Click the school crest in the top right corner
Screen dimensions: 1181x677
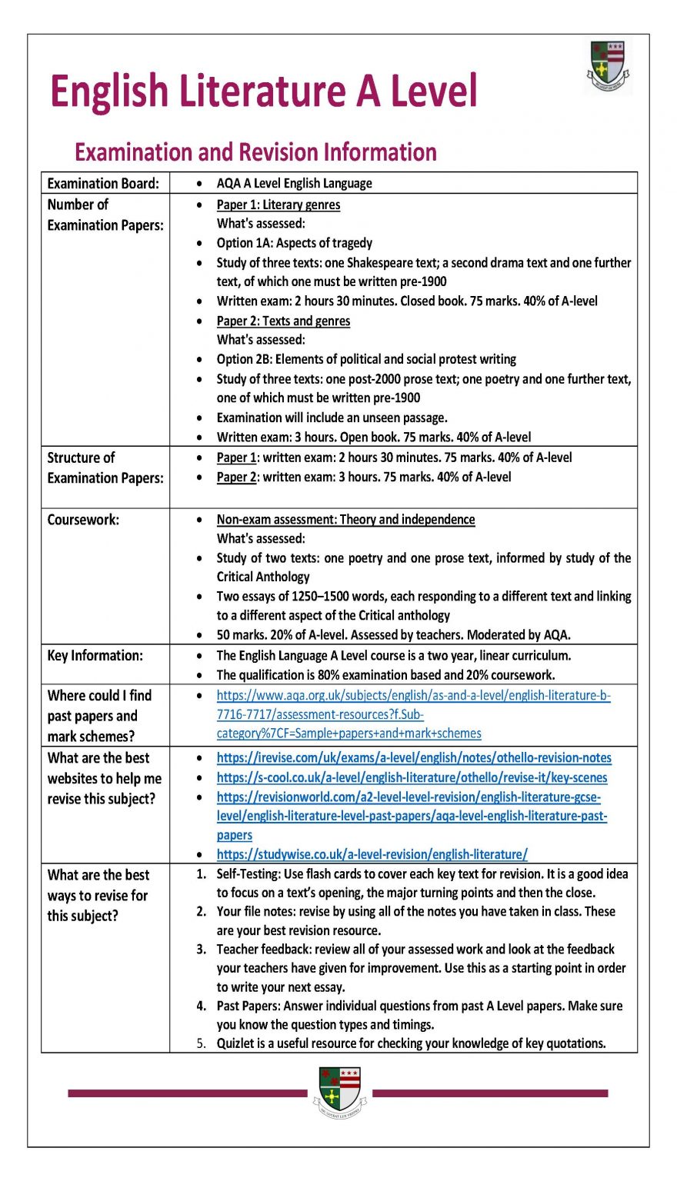pos(608,67)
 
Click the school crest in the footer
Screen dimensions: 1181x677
pos(339,1091)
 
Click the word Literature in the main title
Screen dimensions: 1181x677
pos(262,91)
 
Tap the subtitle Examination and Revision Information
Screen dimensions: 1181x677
pos(255,151)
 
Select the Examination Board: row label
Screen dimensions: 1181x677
pos(103,183)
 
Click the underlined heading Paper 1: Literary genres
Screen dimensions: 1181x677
pos(278,205)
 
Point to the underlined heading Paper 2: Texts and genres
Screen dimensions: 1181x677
pos(283,321)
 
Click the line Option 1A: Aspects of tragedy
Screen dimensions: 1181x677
pos(294,243)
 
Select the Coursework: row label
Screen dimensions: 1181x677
pos(83,520)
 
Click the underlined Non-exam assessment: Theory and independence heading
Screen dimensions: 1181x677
pos(345,520)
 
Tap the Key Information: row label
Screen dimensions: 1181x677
pos(95,656)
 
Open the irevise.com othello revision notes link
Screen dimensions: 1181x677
pos(414,758)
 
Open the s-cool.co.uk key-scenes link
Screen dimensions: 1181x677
pos(412,777)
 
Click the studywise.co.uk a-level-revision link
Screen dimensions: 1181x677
pos(372,854)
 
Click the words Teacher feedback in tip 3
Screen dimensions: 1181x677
pos(263,950)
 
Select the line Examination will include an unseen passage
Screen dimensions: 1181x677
pos(332,418)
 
